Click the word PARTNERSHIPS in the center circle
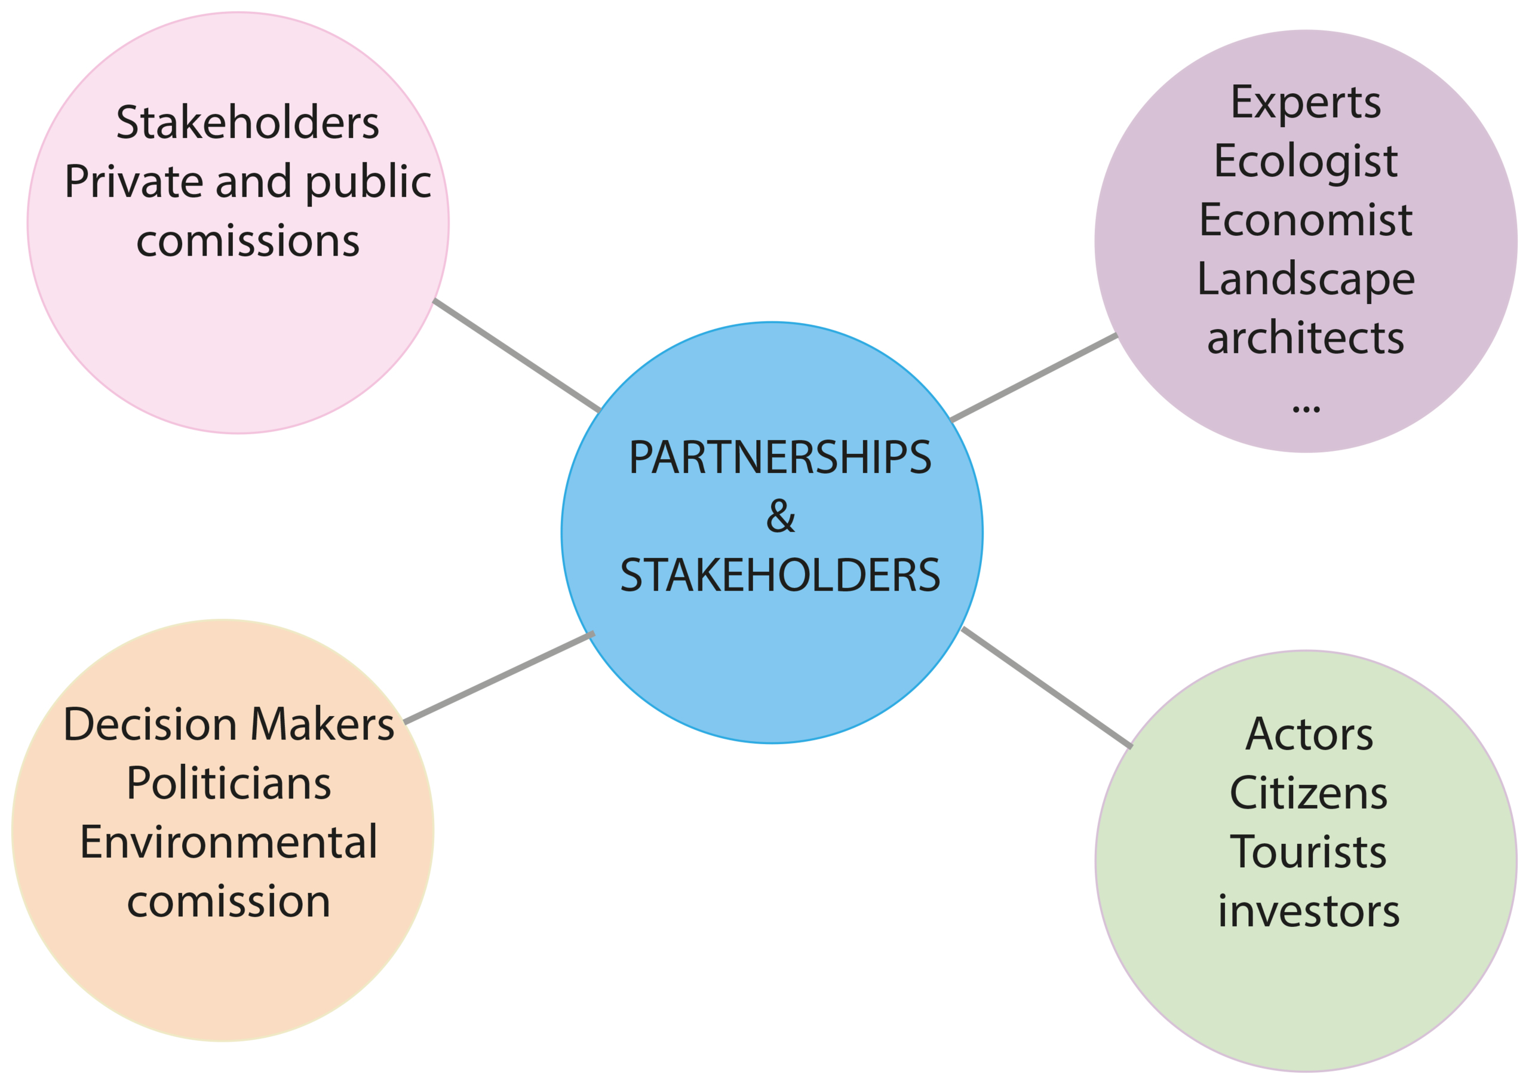(x=779, y=458)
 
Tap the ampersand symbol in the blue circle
(x=780, y=516)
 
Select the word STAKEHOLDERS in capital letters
(x=779, y=575)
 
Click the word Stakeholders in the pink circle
(x=248, y=122)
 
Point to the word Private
(x=133, y=181)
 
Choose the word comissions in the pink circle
(x=248, y=241)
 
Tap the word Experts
(x=1306, y=104)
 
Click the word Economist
(x=1306, y=220)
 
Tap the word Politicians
(x=229, y=784)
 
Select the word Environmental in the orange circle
(x=229, y=842)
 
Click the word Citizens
(x=1309, y=794)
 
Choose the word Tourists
(x=1308, y=852)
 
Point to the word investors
(x=1309, y=911)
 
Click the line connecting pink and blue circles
(x=517, y=356)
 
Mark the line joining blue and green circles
(x=1046, y=687)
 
